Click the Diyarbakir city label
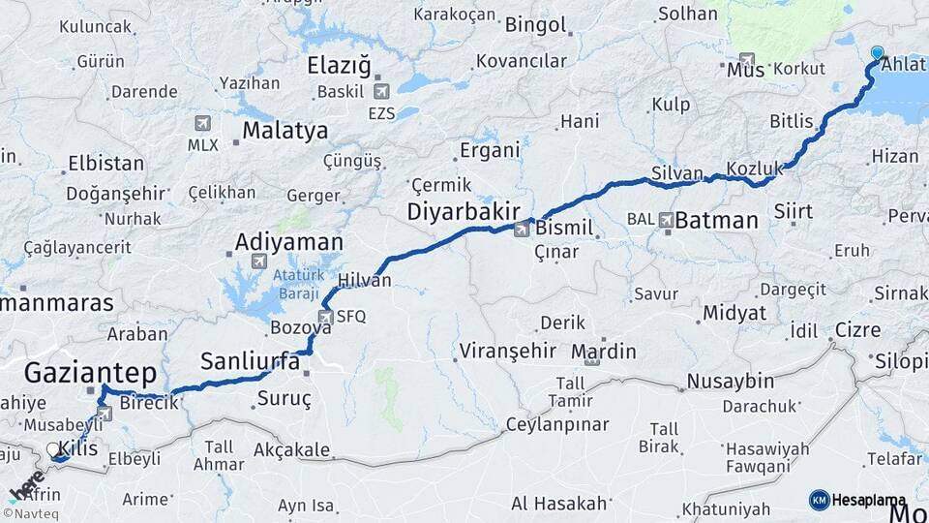tap(464, 211)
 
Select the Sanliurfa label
tap(250, 362)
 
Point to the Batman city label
tap(716, 220)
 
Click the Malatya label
tap(285, 130)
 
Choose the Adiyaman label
tap(289, 241)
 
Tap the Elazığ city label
tap(339, 66)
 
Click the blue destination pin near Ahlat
tap(878, 53)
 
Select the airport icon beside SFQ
tap(326, 317)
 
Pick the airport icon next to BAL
tap(666, 220)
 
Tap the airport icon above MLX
tap(202, 123)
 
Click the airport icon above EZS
tap(380, 91)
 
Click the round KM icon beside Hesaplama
tap(819, 500)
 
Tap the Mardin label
tap(604, 351)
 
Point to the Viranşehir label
tap(508, 350)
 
